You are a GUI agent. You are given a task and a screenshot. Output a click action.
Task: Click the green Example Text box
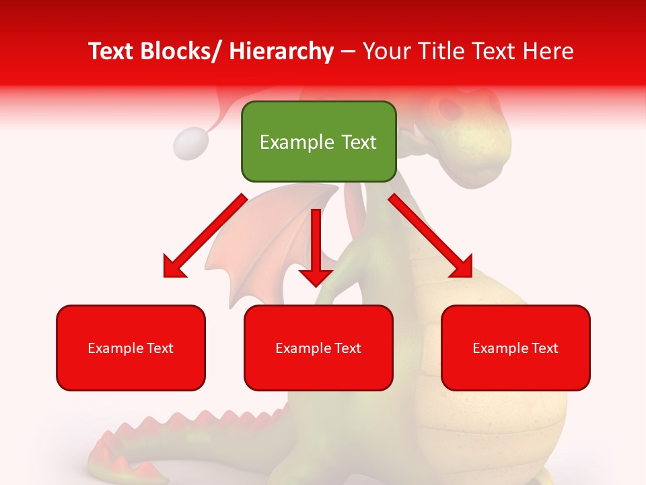[318, 142]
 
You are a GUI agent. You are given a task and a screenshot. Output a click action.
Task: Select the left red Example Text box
[131, 348]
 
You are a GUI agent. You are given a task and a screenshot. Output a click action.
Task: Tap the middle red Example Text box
[318, 348]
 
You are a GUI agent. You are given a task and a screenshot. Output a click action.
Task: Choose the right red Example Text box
[515, 348]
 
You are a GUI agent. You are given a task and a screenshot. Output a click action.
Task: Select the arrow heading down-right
[431, 236]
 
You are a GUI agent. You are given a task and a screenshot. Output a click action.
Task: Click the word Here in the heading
[548, 52]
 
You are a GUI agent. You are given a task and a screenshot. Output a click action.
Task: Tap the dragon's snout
[488, 145]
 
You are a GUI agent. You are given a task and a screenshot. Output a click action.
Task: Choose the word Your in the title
[386, 52]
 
